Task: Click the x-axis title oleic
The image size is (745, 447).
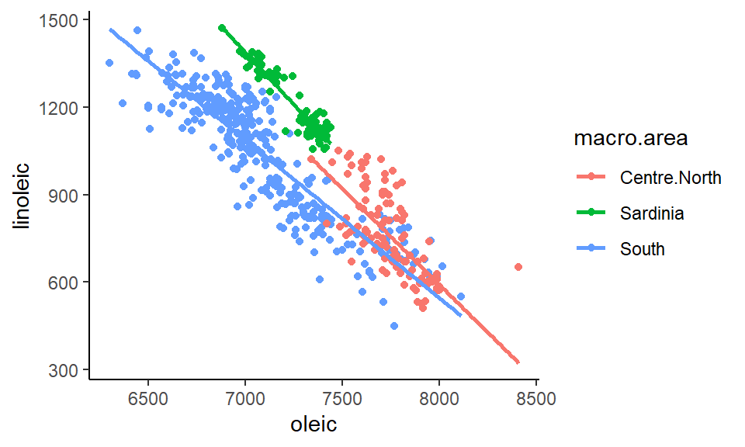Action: point(314,425)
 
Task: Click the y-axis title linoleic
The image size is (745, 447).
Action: point(24,196)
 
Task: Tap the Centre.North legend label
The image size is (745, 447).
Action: point(670,178)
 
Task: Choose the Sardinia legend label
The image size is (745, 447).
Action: point(652,213)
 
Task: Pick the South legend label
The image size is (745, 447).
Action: point(643,249)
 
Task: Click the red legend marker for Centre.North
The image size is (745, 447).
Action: point(592,178)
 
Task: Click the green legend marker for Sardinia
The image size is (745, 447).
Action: point(592,213)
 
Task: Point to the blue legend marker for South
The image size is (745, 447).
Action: point(592,249)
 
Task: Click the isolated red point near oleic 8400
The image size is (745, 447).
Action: point(518,267)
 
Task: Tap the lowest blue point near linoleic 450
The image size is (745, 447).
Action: point(394,326)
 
